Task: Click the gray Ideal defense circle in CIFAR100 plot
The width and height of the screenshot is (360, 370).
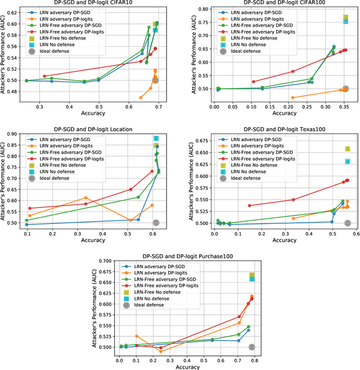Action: click(x=345, y=89)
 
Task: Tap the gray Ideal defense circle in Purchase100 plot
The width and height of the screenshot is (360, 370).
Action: click(x=252, y=347)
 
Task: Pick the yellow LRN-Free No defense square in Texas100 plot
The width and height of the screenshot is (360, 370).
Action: click(x=348, y=149)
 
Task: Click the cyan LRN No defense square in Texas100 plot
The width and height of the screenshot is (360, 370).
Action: click(x=348, y=161)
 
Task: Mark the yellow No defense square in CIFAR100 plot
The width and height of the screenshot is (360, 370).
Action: click(x=346, y=17)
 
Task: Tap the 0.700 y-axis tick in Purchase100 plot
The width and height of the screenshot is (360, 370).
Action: click(x=106, y=261)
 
